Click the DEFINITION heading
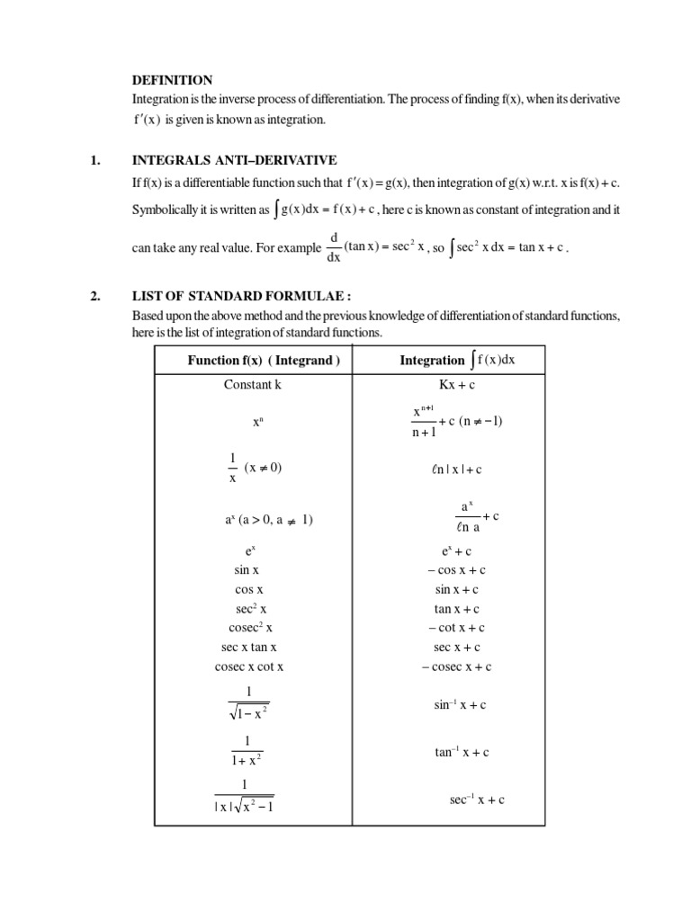click(x=173, y=80)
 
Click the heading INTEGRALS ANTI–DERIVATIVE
click(x=234, y=160)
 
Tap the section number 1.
click(x=94, y=160)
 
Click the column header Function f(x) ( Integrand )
click(x=263, y=361)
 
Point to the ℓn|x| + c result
click(x=456, y=469)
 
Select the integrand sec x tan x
click(x=249, y=648)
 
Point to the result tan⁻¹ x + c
click(x=460, y=752)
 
